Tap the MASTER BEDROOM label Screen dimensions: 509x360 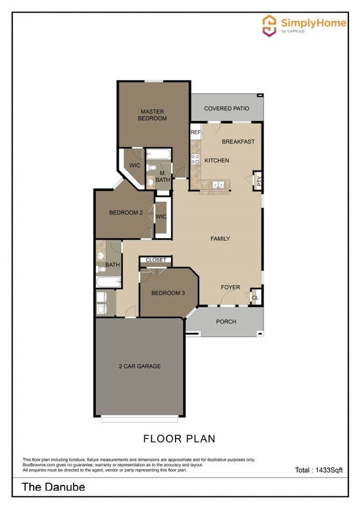(x=152, y=115)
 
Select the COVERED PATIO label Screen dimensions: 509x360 (x=227, y=109)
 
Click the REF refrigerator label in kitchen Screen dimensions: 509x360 (x=196, y=132)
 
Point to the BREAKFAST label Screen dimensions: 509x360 (x=238, y=142)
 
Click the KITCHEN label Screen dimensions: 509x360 (x=217, y=161)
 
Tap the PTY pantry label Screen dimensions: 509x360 (x=258, y=180)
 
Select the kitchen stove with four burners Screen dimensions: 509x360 (x=196, y=160)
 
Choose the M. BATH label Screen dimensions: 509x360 (x=162, y=176)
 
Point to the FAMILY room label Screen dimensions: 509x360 (x=220, y=239)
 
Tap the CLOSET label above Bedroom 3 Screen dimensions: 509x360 (x=156, y=260)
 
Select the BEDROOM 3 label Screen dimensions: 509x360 (x=168, y=293)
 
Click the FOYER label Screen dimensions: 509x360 (x=230, y=287)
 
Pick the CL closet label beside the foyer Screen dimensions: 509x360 (x=255, y=297)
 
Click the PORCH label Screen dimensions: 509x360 (x=226, y=322)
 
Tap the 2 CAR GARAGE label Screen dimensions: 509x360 (x=140, y=366)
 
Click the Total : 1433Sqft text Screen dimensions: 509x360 (x=318, y=470)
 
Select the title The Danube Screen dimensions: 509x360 (x=53, y=487)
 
